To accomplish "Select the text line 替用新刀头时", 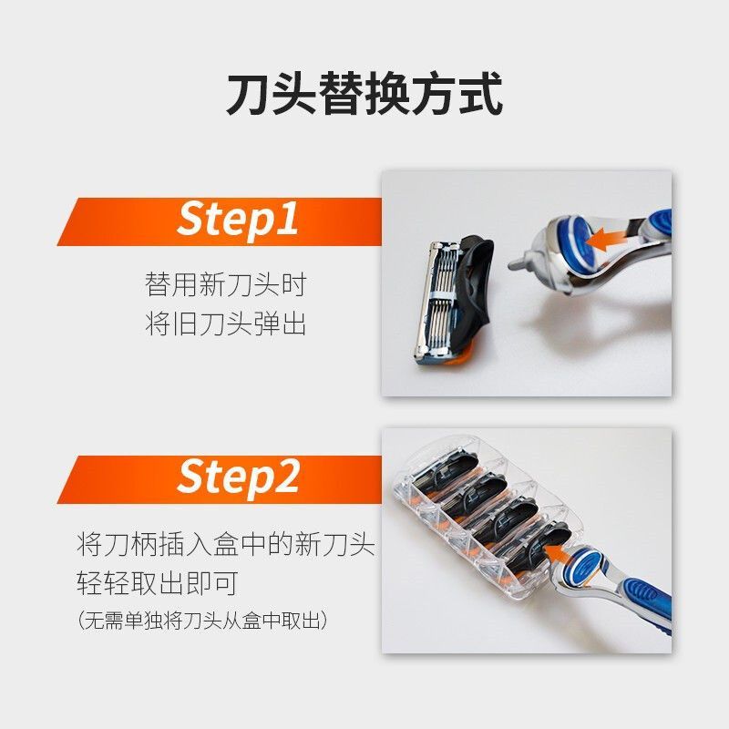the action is pyautogui.click(x=225, y=284).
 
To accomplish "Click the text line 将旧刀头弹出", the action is pyautogui.click(x=225, y=323).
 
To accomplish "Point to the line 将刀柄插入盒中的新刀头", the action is pyautogui.click(x=225, y=544).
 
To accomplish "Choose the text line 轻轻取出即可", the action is pyautogui.click(x=158, y=583).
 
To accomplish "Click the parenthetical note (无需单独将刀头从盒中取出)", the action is pyautogui.click(x=202, y=621).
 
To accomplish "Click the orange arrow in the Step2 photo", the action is pyautogui.click(x=559, y=552).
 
